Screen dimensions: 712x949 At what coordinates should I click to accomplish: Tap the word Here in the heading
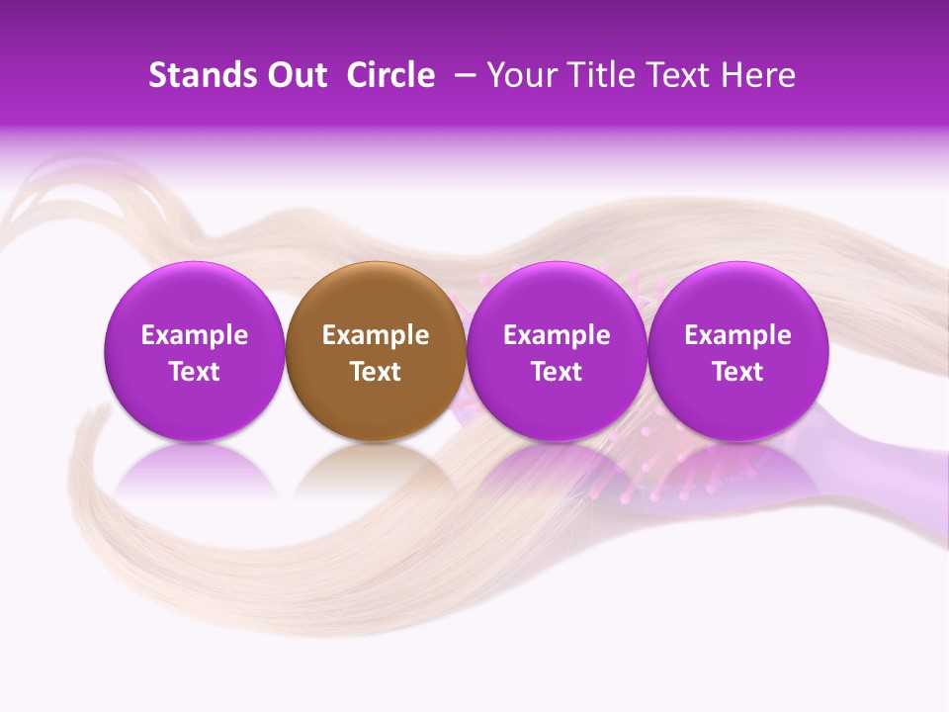(757, 75)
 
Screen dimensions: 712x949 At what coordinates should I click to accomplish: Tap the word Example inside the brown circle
(376, 335)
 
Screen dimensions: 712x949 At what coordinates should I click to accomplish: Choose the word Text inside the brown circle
(376, 372)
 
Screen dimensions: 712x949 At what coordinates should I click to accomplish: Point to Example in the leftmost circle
(194, 335)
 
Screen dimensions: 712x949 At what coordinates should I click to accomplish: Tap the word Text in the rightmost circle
(738, 372)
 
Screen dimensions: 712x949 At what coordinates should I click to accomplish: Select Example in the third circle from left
(557, 335)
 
